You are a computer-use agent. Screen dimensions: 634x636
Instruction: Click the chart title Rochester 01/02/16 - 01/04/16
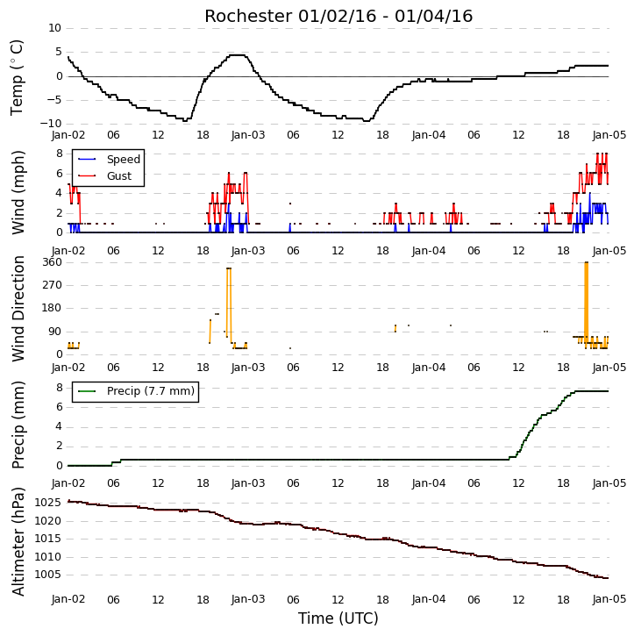[338, 16]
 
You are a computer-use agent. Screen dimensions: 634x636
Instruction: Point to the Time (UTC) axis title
[338, 618]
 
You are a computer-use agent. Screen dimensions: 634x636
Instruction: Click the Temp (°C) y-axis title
[17, 77]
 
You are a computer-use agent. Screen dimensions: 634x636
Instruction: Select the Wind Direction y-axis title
[18, 309]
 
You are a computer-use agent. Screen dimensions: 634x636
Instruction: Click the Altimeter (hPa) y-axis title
[18, 541]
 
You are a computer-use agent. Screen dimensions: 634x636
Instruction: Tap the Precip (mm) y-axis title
[18, 425]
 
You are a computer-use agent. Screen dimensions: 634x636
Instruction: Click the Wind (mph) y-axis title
[18, 193]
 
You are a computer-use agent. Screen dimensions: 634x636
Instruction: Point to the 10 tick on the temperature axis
[54, 28]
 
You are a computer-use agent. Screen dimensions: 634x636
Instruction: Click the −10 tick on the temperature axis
[51, 124]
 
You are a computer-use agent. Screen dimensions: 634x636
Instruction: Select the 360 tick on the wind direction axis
[53, 262]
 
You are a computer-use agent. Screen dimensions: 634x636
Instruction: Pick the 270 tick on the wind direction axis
[53, 285]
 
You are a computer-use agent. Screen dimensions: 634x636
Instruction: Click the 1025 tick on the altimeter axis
[48, 503]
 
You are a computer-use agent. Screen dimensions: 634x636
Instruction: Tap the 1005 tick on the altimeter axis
[48, 575]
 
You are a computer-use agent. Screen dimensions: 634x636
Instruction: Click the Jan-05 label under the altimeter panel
[609, 599]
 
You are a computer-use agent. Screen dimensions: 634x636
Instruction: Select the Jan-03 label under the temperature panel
[248, 135]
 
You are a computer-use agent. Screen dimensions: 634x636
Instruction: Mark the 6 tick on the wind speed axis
[60, 174]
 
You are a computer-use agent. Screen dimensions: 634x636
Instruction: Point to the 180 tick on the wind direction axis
[53, 308]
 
